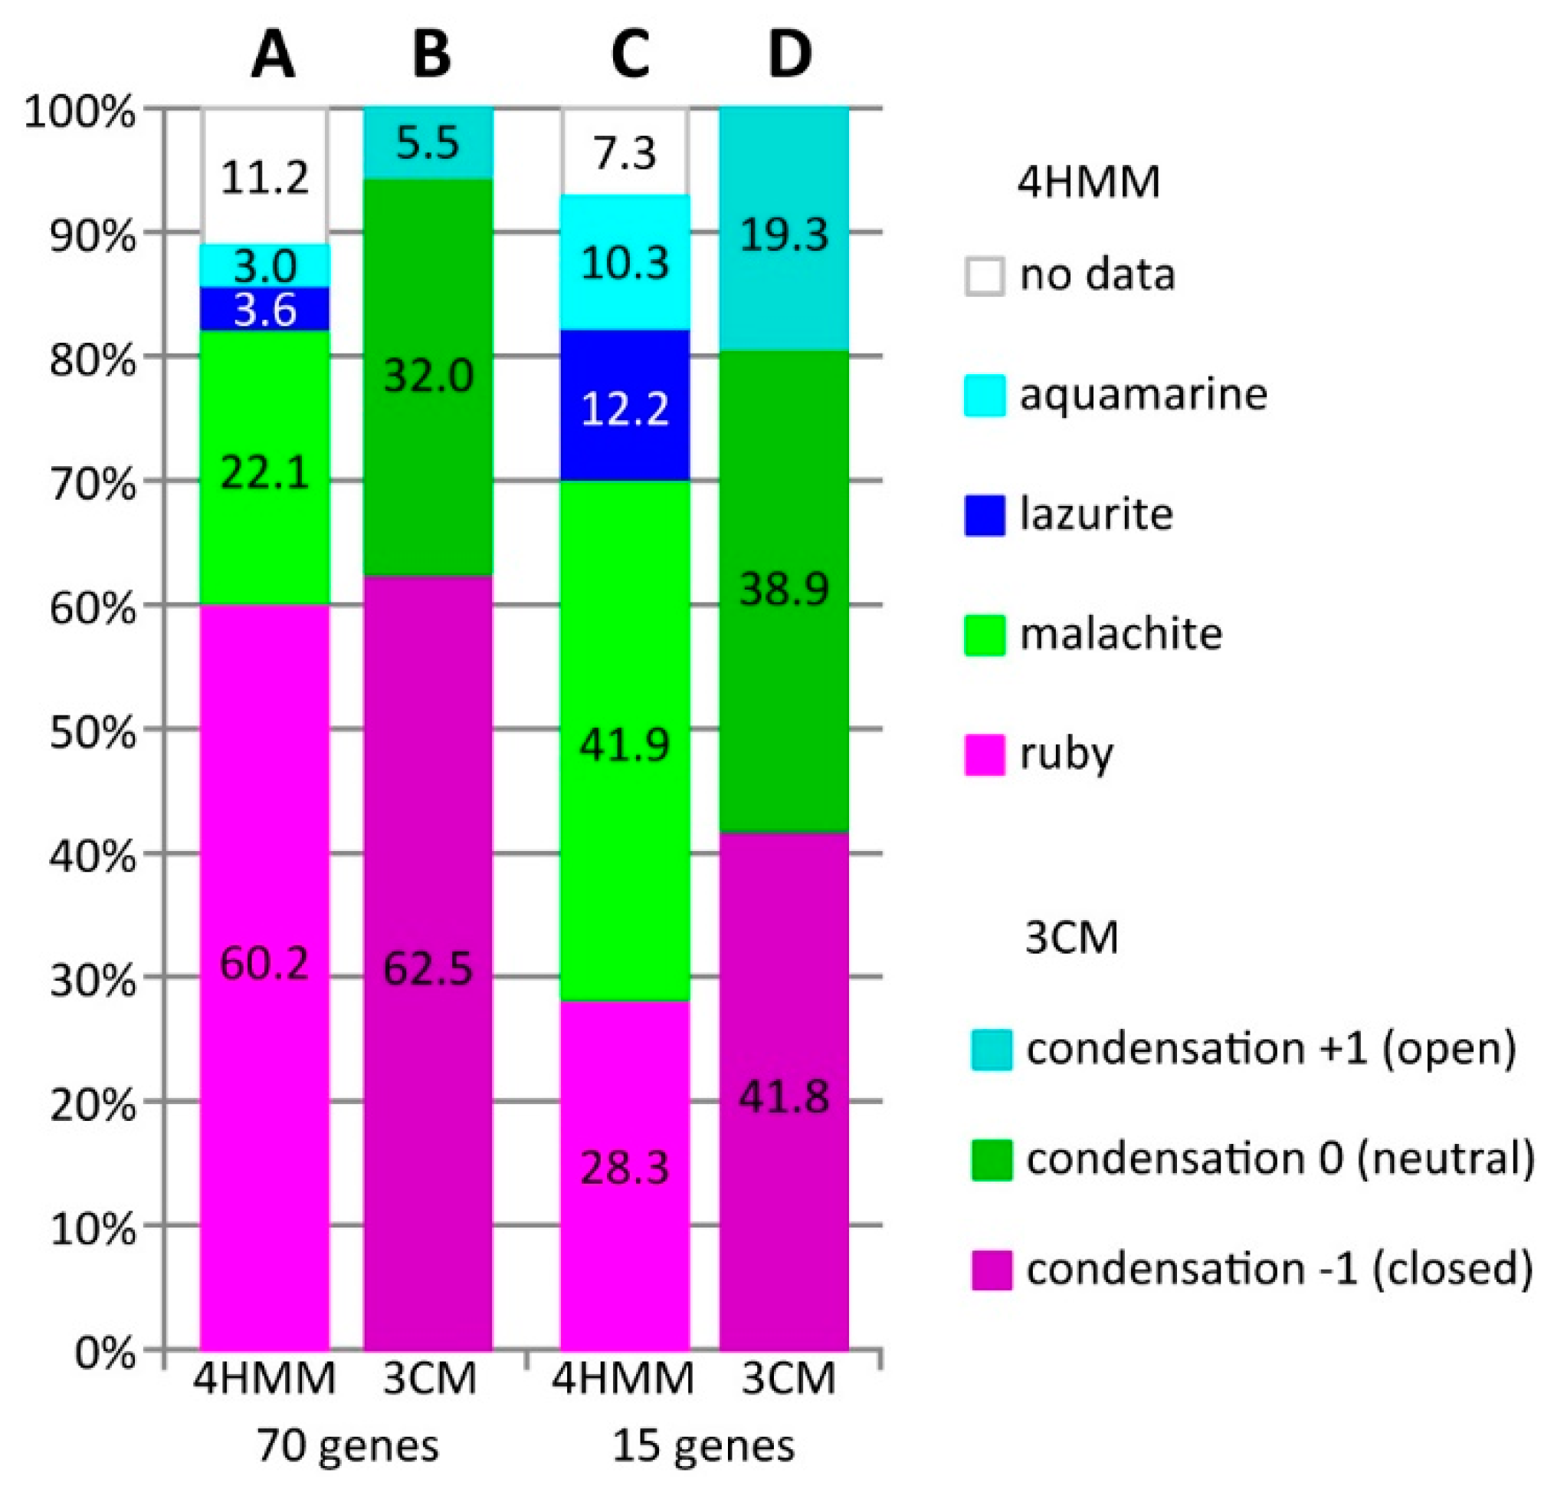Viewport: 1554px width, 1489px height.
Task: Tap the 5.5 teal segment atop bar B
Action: point(428,143)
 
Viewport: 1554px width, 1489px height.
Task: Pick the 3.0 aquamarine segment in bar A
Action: point(265,266)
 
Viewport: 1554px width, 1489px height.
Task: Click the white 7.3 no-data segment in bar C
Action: point(625,152)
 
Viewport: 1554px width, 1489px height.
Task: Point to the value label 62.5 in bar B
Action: point(428,968)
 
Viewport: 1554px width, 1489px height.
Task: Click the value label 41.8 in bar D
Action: point(784,1098)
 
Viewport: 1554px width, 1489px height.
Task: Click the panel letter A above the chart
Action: point(272,55)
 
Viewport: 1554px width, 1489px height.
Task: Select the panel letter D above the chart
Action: point(790,55)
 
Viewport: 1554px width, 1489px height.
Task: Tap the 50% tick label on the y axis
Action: point(92,732)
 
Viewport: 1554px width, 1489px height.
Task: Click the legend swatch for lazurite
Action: point(984,514)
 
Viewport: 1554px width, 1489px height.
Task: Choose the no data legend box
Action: point(984,276)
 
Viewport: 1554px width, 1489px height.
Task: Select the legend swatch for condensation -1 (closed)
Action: point(991,1269)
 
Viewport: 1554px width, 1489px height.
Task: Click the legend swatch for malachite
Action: point(984,635)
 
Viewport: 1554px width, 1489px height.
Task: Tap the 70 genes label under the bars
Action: point(347,1446)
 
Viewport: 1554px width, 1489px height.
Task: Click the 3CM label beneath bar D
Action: point(789,1378)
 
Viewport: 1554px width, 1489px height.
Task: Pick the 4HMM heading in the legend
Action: point(1089,182)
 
